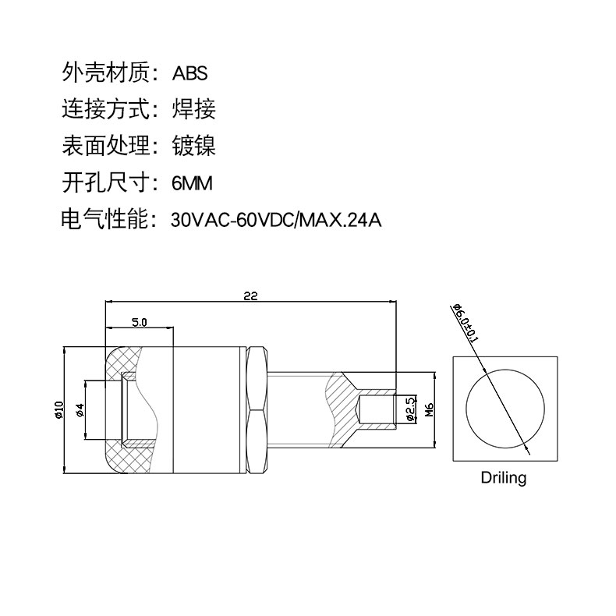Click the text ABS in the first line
click(190, 73)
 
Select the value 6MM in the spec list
click(192, 184)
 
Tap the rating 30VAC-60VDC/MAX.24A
click(276, 221)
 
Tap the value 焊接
click(193, 110)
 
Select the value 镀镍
click(193, 147)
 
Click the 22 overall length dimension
click(250, 296)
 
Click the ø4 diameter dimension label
click(79, 410)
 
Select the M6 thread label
click(429, 409)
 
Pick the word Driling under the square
click(503, 477)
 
